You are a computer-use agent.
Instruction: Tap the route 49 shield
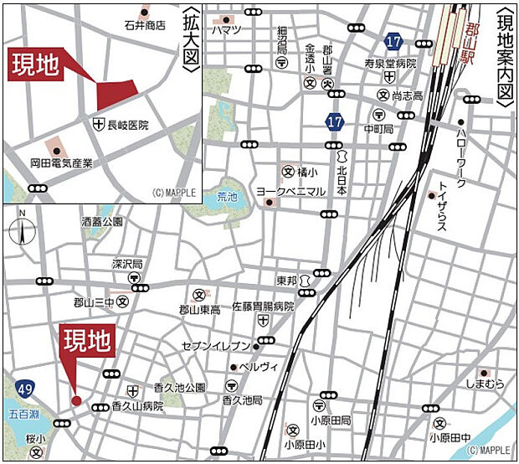point(25,364)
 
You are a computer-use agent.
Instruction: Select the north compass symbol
point(23,226)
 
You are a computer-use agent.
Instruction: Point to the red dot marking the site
point(75,400)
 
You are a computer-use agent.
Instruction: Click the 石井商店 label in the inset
point(144,26)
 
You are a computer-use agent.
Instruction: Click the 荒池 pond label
point(227,198)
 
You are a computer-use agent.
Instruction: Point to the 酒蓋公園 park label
point(101,222)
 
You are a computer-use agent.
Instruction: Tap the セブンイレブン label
point(216,346)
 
